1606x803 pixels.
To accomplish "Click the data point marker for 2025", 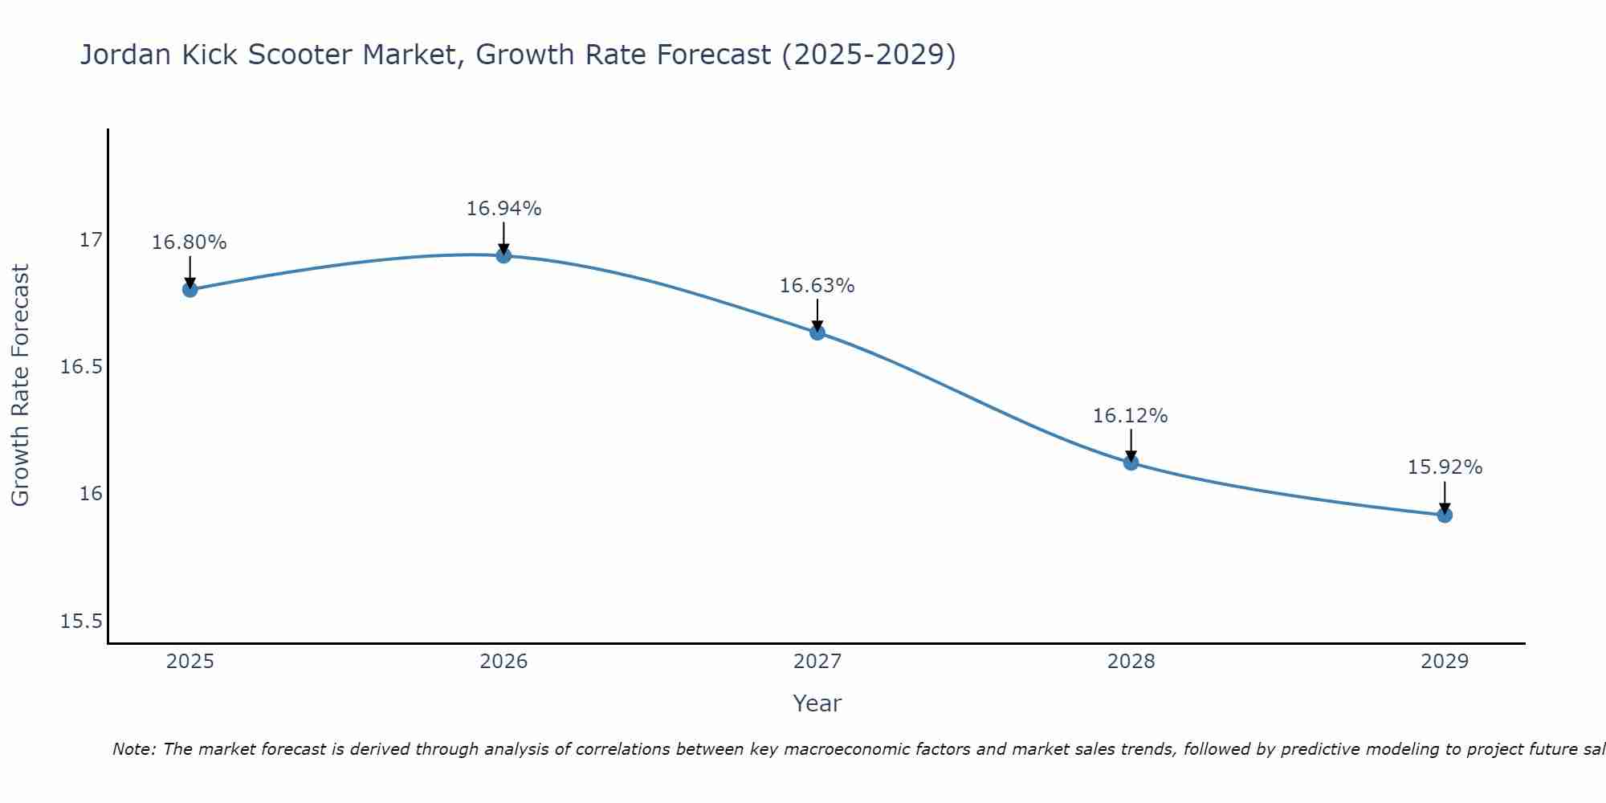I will coord(190,289).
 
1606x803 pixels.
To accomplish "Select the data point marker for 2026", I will coord(503,255).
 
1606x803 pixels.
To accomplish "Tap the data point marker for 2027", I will coord(817,332).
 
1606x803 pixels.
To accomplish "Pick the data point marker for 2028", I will coord(1131,462).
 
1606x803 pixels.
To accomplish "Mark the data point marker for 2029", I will coord(1445,515).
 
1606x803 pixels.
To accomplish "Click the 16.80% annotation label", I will coord(190,243).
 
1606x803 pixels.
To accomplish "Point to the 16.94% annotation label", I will coord(503,209).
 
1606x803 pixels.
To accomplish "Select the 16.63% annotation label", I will coord(817,286).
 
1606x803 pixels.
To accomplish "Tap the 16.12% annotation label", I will coord(1131,416).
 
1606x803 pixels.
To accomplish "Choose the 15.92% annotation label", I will coord(1445,467).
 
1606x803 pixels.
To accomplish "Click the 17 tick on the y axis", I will coord(91,240).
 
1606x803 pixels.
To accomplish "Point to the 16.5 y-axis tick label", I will coord(82,367).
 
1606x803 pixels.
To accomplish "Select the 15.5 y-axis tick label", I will coord(82,622).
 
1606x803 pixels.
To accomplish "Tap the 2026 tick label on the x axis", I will coord(503,662).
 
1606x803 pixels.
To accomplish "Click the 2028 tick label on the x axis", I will coord(1131,662).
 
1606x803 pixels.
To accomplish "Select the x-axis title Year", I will coord(817,703).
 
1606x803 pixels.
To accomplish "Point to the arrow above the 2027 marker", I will coord(817,315).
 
